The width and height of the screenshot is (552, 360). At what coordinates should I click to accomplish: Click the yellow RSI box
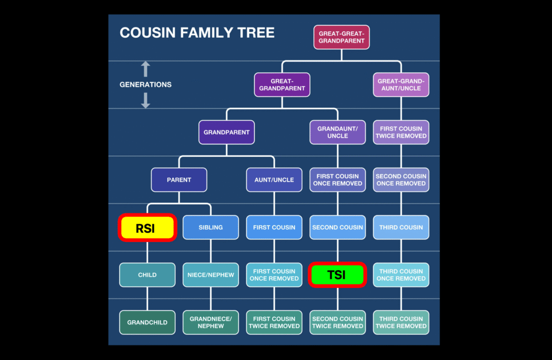point(147,228)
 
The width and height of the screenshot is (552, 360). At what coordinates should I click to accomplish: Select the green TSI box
point(337,275)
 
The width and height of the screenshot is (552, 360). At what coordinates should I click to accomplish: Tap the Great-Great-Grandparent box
point(342,37)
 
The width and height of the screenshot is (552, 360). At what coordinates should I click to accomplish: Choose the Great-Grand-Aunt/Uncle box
point(401,85)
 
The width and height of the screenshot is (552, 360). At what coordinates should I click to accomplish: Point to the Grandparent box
point(226,132)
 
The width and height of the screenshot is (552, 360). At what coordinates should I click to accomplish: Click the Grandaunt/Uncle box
point(337,132)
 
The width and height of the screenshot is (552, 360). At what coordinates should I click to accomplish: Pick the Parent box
point(179,180)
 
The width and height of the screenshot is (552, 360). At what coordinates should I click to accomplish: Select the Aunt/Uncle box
point(274,180)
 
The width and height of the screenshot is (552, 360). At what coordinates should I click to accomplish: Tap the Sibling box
point(211,227)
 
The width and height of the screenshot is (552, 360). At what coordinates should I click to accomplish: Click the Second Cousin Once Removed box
point(401,180)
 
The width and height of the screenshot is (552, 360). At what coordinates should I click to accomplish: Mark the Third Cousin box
point(401,227)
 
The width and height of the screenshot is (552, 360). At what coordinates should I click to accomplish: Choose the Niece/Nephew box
point(211,275)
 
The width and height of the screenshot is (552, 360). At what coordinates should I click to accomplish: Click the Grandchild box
point(147,322)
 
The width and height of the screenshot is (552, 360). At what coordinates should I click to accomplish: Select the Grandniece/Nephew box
point(211,322)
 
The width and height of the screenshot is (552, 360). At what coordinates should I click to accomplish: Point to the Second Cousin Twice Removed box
point(337,322)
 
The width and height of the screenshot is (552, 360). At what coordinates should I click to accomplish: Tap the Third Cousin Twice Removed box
point(401,322)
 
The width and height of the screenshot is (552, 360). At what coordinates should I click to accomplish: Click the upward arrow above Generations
point(145,69)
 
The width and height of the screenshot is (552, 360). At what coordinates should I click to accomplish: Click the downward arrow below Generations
point(145,100)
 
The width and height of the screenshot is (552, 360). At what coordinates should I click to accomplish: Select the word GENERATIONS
point(146,85)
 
